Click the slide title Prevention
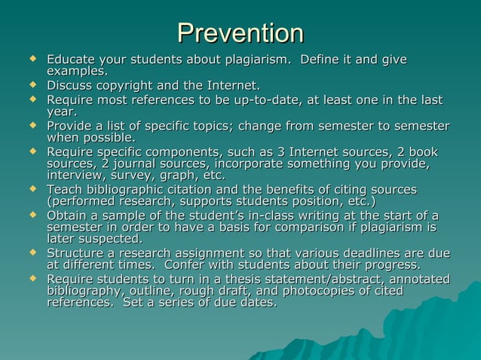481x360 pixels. [240, 32]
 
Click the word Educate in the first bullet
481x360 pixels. [72, 59]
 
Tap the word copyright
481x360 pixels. [129, 85]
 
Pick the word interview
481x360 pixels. [76, 175]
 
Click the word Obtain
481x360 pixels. [69, 215]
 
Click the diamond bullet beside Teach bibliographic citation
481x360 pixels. [32, 188]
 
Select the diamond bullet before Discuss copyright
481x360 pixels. [32, 84]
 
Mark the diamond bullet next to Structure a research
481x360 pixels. [32, 252]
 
